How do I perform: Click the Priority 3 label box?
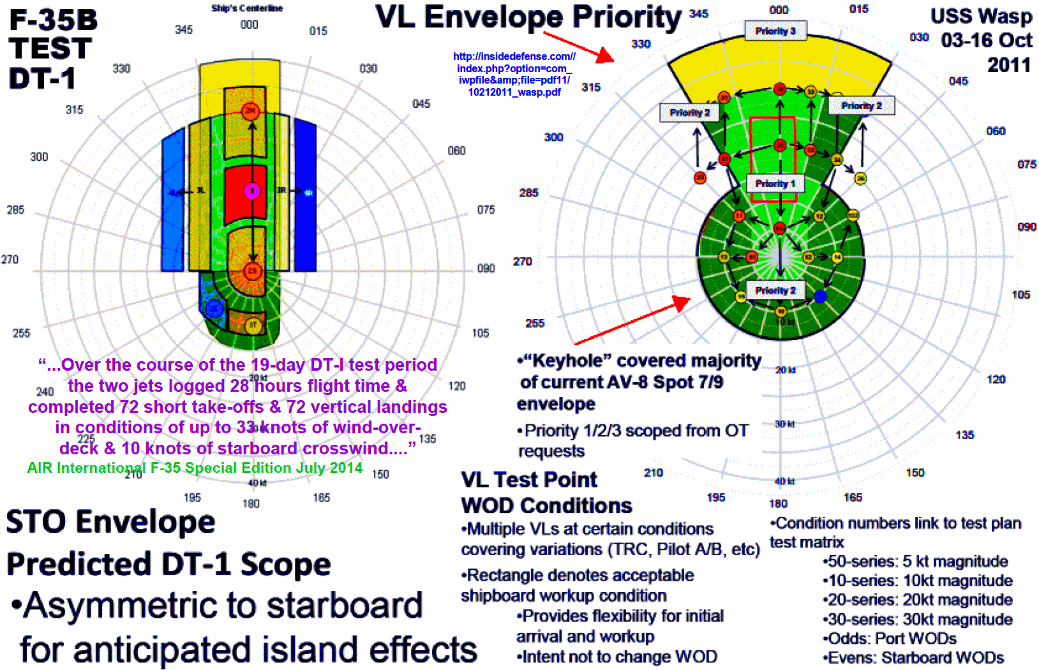tap(775, 31)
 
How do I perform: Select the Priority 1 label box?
tap(775, 184)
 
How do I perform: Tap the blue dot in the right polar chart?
tap(821, 296)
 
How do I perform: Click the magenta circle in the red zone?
tap(252, 191)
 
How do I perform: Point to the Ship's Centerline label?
tap(247, 8)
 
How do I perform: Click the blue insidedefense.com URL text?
tap(514, 74)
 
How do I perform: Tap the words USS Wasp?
tap(981, 16)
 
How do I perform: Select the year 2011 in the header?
tap(1008, 65)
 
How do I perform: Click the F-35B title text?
tap(54, 20)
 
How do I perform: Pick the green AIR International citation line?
tap(195, 468)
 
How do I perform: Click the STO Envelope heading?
tap(111, 522)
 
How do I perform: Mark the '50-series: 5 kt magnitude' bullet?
tap(916, 562)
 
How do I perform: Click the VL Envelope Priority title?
tap(528, 17)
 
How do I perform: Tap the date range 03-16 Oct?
tap(986, 40)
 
